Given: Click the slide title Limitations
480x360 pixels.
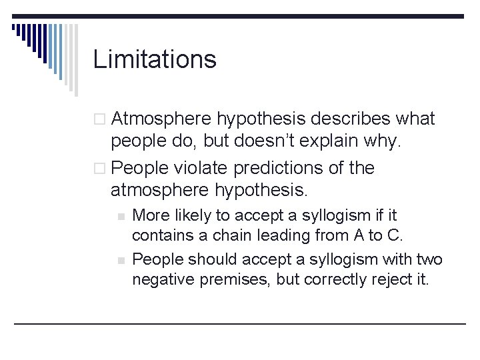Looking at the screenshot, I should click(155, 59).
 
